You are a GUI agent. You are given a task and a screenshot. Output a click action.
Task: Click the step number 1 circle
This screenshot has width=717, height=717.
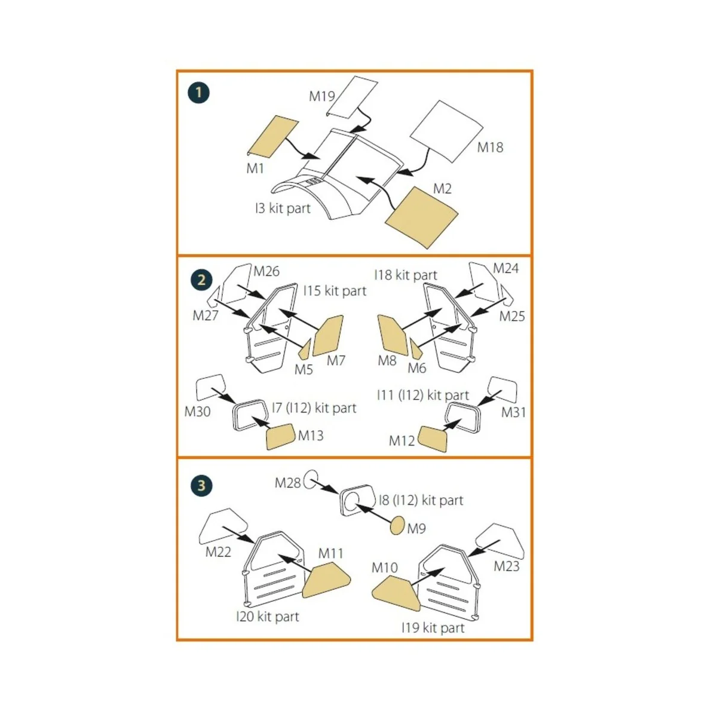click(199, 93)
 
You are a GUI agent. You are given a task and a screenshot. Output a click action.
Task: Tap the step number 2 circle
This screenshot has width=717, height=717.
click(201, 280)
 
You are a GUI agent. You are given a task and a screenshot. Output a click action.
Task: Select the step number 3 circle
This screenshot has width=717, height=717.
click(201, 485)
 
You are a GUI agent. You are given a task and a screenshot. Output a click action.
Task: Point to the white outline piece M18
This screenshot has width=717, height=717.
click(447, 130)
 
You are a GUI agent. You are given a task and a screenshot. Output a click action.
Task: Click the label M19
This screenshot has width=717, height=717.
click(321, 96)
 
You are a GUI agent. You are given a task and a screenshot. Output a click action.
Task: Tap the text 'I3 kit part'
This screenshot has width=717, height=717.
click(283, 209)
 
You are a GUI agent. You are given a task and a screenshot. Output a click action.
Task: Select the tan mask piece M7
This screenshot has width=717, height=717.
click(329, 335)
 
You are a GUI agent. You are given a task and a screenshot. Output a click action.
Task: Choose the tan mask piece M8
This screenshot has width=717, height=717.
click(392, 335)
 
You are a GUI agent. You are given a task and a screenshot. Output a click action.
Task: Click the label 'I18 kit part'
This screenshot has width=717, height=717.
click(406, 275)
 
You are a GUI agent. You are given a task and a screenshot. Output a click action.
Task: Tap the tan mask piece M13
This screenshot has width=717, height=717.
click(280, 437)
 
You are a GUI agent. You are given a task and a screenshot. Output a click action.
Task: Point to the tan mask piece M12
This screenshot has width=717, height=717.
click(433, 439)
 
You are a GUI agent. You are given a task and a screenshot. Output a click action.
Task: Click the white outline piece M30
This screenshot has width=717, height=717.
click(210, 387)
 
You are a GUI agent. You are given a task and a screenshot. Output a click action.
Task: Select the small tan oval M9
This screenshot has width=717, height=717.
click(397, 526)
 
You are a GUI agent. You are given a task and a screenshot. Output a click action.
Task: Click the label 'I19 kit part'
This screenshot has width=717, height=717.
click(433, 628)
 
